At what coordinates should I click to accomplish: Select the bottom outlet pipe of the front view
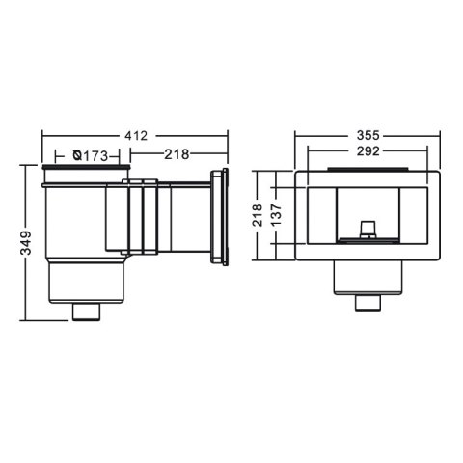[x=368, y=303]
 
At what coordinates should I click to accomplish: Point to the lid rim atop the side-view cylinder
[x=85, y=172]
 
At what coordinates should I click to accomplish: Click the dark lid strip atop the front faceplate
[x=368, y=170]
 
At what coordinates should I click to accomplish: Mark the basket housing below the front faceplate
[x=368, y=280]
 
